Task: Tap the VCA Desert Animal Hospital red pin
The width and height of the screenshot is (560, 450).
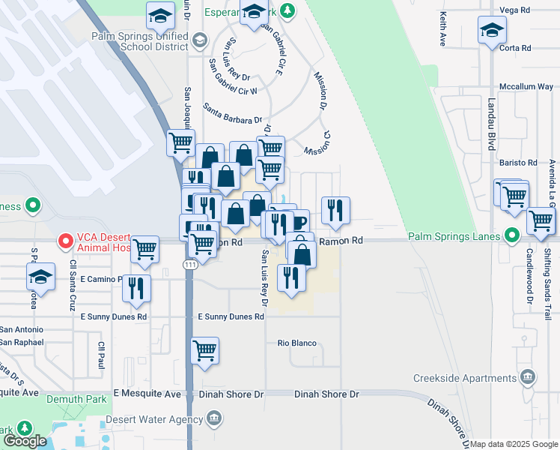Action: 65,241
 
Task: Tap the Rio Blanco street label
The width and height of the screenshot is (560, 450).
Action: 296,343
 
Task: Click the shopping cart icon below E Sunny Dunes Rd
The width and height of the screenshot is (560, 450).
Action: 204,349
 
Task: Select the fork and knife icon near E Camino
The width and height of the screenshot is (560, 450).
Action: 136,288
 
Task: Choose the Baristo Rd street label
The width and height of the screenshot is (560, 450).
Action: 522,162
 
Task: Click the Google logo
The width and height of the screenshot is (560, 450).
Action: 25,441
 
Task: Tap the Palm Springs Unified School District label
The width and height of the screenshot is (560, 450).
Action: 140,40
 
